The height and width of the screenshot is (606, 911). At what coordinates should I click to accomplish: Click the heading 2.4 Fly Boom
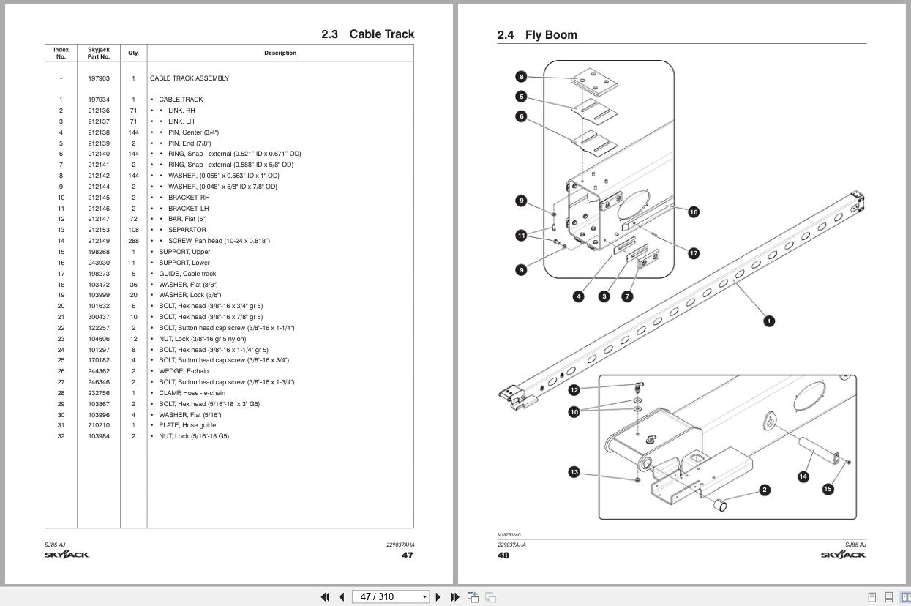(x=537, y=35)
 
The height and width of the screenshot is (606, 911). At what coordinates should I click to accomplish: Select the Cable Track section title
(x=367, y=34)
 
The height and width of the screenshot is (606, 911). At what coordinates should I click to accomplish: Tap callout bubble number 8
(x=521, y=77)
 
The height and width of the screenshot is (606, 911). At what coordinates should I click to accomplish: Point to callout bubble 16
(x=693, y=212)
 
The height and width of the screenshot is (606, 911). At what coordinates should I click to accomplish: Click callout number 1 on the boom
(x=768, y=321)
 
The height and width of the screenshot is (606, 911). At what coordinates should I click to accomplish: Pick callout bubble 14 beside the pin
(x=803, y=476)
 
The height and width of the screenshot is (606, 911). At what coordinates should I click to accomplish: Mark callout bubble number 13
(x=574, y=472)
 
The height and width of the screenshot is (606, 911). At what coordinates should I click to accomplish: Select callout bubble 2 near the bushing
(x=765, y=490)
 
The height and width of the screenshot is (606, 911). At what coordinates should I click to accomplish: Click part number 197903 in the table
(x=99, y=78)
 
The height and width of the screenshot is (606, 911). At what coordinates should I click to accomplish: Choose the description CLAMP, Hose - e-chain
(x=192, y=393)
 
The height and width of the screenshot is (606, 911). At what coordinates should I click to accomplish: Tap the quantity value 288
(x=133, y=241)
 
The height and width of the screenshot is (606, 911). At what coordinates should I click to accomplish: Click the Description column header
(x=280, y=53)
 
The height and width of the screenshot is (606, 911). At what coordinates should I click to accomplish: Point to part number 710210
(x=99, y=425)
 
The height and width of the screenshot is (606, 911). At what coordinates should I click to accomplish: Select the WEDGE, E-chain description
(x=183, y=371)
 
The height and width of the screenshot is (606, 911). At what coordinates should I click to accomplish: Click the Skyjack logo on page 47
(x=67, y=555)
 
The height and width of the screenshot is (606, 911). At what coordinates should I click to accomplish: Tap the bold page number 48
(x=503, y=555)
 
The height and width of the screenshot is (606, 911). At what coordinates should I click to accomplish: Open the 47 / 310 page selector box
(x=390, y=596)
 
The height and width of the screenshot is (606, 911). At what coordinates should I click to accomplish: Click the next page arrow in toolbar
(x=438, y=596)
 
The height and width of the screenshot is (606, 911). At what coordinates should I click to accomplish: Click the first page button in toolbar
(x=326, y=596)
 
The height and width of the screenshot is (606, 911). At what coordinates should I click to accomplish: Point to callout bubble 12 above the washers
(x=574, y=390)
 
